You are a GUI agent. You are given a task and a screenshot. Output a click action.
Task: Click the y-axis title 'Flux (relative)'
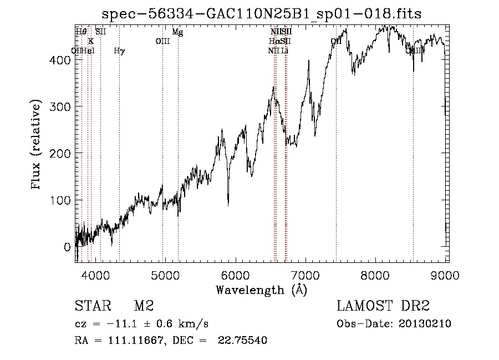(x=37, y=145)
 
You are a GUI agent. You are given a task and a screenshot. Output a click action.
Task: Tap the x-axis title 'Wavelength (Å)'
(x=261, y=290)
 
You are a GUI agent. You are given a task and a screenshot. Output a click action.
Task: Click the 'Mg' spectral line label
(x=177, y=32)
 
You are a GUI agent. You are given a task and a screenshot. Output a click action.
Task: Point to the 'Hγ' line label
(x=119, y=51)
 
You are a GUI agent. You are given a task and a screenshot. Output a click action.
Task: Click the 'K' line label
(x=91, y=42)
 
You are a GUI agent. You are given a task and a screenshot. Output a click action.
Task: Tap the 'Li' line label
(x=284, y=51)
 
